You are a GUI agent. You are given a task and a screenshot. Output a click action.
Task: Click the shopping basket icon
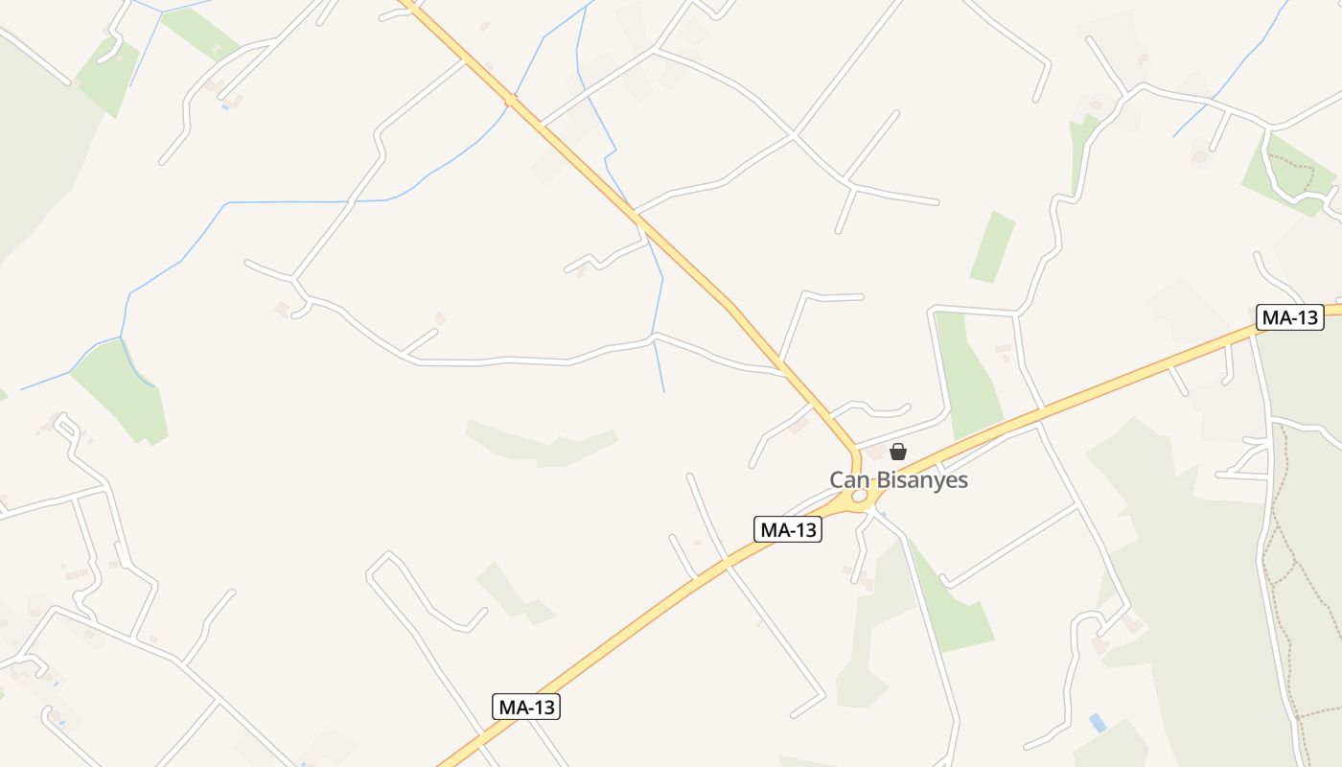click(x=898, y=451)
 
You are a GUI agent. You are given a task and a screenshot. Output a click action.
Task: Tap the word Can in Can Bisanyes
click(x=849, y=480)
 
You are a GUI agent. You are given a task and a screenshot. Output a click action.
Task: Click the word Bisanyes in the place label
click(x=920, y=480)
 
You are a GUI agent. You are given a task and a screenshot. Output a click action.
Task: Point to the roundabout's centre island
click(x=860, y=496)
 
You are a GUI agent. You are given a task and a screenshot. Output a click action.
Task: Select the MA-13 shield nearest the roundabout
click(x=788, y=529)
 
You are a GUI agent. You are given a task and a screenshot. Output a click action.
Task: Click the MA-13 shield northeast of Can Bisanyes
click(x=1289, y=318)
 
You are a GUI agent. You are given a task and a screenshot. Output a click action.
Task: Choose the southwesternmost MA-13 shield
click(x=526, y=708)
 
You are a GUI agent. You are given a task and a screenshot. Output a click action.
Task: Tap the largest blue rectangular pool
click(x=1098, y=722)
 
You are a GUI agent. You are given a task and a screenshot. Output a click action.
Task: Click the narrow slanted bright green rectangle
click(x=992, y=246)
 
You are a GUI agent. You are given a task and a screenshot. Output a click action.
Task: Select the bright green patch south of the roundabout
click(x=949, y=604)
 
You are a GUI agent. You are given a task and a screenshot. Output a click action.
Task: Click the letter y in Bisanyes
click(x=935, y=482)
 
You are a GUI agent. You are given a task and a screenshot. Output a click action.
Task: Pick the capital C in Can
click(x=837, y=480)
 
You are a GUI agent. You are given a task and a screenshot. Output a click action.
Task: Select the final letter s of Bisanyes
click(x=962, y=480)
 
